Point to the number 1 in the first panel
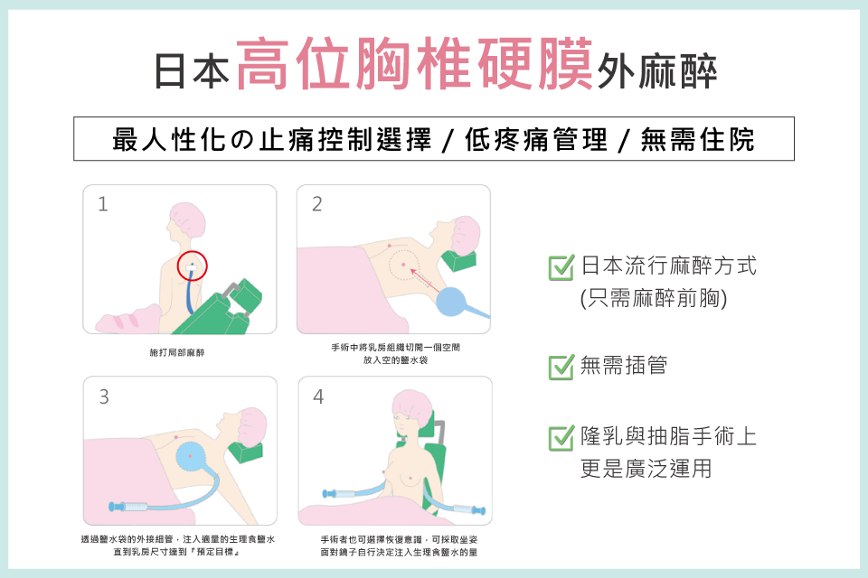click(x=103, y=204)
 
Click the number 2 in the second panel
click(x=316, y=204)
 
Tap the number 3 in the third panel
click(x=104, y=396)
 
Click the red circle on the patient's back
click(x=193, y=266)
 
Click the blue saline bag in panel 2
click(x=456, y=302)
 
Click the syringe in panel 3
click(x=136, y=507)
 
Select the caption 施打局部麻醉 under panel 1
click(x=177, y=352)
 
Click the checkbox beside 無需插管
click(x=561, y=367)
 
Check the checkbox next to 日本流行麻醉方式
click(x=561, y=267)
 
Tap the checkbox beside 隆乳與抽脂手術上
click(x=561, y=438)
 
